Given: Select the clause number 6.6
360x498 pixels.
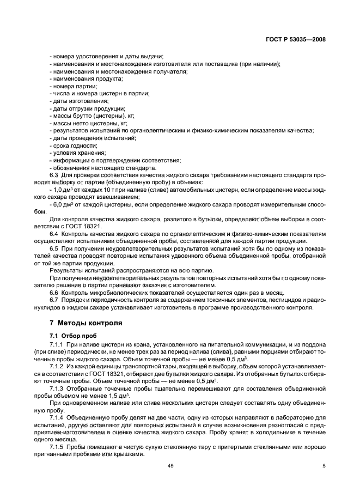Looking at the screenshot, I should point(55,293).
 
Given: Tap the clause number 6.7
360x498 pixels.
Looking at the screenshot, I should point(55,300).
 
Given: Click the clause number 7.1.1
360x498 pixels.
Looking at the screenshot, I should point(58,344).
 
